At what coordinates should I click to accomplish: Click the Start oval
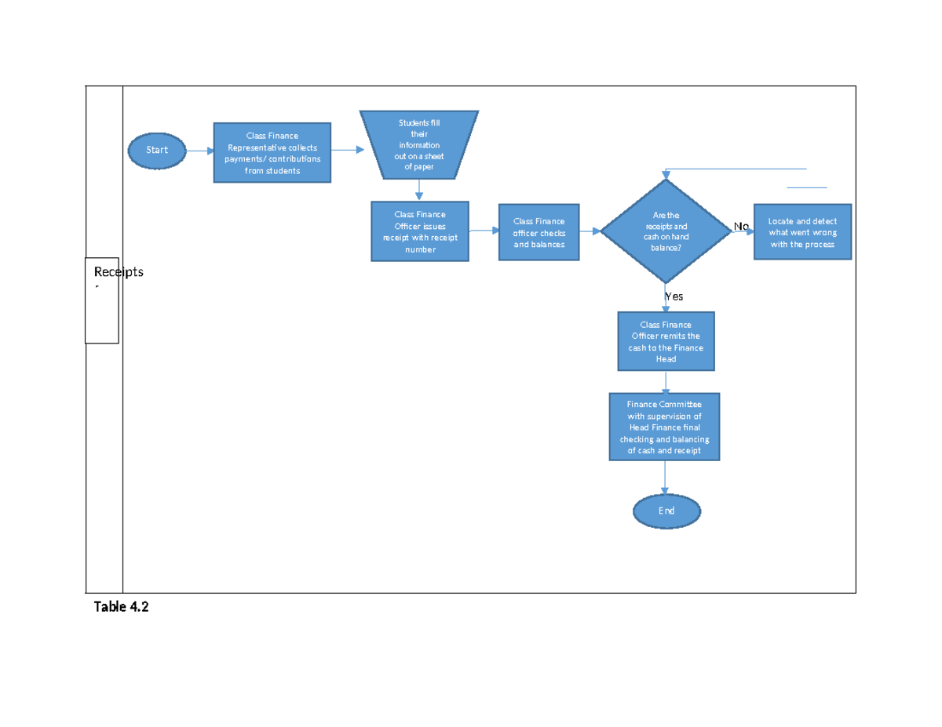157,150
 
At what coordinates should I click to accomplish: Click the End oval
666,511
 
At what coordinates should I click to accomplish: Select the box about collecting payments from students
272,153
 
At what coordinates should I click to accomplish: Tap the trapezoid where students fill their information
419,144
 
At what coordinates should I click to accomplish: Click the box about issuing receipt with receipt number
420,231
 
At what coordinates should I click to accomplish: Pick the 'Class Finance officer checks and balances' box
539,232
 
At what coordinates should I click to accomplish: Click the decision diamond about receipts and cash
666,231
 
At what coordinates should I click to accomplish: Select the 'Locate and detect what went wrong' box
802,232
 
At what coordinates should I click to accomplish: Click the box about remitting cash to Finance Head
666,341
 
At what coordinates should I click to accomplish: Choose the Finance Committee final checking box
665,427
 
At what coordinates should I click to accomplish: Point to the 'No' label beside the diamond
741,226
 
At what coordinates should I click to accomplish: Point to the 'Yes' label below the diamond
674,296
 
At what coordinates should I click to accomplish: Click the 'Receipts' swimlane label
119,272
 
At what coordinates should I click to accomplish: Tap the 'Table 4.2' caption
121,606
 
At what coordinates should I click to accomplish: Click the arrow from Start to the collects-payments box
199,150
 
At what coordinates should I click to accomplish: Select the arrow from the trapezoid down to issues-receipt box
420,190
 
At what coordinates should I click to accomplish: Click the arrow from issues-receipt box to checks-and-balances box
484,231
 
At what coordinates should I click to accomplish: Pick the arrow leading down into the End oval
666,478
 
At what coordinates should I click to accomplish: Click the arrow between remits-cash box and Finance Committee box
666,382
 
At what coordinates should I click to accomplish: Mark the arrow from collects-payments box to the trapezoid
347,149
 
